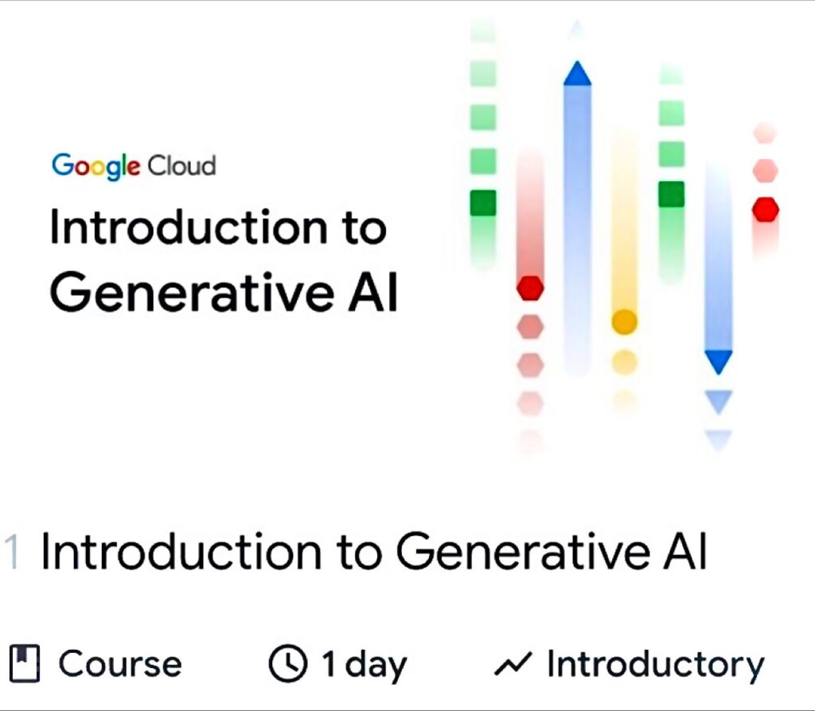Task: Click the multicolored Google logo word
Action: click(x=96, y=165)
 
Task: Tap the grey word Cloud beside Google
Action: click(x=181, y=165)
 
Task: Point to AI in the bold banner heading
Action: click(x=372, y=292)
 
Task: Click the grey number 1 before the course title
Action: click(x=12, y=552)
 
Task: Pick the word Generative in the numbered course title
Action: click(x=524, y=552)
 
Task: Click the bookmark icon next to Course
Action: click(x=25, y=663)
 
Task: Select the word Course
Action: click(x=120, y=664)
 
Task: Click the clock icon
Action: click(x=287, y=663)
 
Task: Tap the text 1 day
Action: click(x=364, y=666)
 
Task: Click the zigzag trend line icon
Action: click(x=513, y=663)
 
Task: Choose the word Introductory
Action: click(x=656, y=666)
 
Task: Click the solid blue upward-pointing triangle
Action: click(x=578, y=74)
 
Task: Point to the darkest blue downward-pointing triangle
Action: click(x=719, y=362)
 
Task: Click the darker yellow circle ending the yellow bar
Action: click(x=624, y=321)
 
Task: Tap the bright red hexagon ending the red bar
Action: click(x=530, y=288)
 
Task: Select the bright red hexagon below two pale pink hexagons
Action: click(x=766, y=209)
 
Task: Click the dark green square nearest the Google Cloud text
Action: click(x=483, y=203)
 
